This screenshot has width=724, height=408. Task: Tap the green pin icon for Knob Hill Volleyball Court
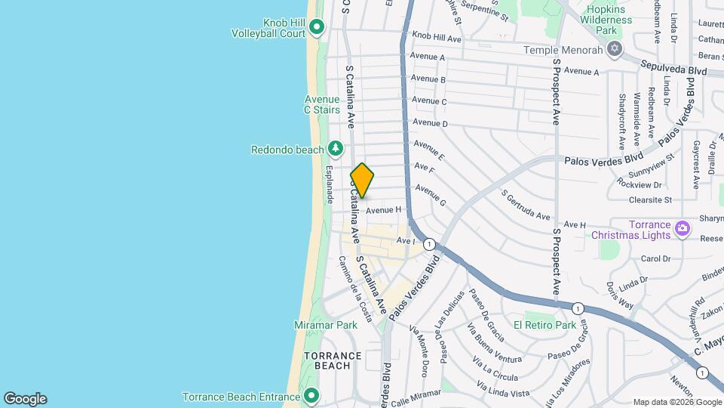pos(317,28)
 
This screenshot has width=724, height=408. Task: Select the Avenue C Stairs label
pos(322,104)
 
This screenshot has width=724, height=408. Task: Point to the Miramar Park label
pos(325,325)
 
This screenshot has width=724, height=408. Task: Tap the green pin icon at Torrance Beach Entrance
pos(311,396)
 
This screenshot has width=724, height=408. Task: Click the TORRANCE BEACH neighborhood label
pos(327,360)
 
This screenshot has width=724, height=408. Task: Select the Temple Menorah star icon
pos(615,50)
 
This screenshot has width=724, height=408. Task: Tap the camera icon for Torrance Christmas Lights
pos(682,227)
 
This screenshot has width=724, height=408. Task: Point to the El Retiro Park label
pos(545,325)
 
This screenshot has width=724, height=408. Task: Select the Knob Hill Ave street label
pos(437,38)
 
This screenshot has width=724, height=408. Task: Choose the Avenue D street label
pos(431,123)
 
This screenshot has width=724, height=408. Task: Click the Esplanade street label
pos(330,182)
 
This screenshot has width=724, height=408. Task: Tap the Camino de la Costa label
pos(354,288)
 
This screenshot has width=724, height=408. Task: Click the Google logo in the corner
pos(25,399)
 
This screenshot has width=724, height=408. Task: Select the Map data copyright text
pos(676,402)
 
